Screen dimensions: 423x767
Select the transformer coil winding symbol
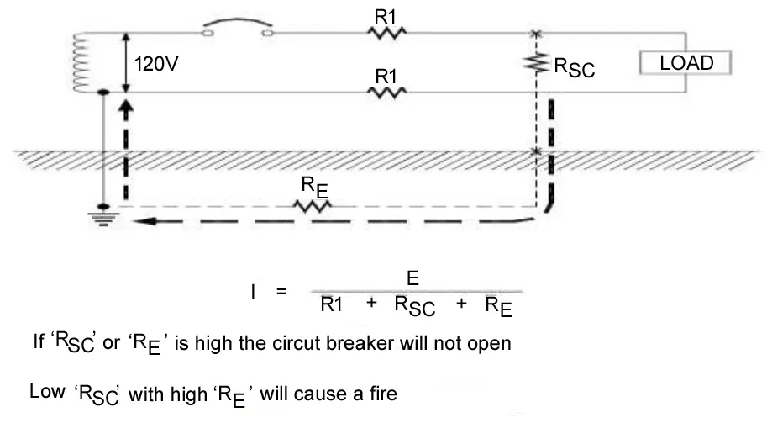81,63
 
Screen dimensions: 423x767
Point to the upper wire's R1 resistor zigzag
386,33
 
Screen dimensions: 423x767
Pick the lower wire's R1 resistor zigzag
386,93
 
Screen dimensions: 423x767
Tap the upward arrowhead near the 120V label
126,107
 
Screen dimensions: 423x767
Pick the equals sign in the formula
281,292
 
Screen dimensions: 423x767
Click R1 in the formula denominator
332,306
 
